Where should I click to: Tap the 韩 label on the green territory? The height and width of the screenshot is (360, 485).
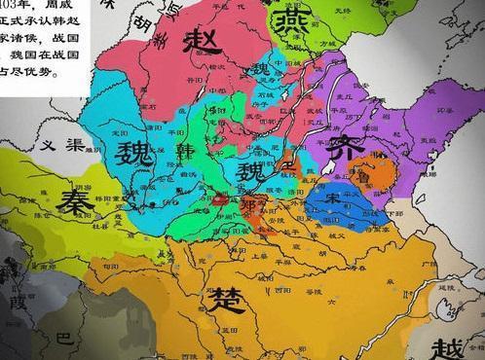point(187,152)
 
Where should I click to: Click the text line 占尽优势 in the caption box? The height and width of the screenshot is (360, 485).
point(30,71)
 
